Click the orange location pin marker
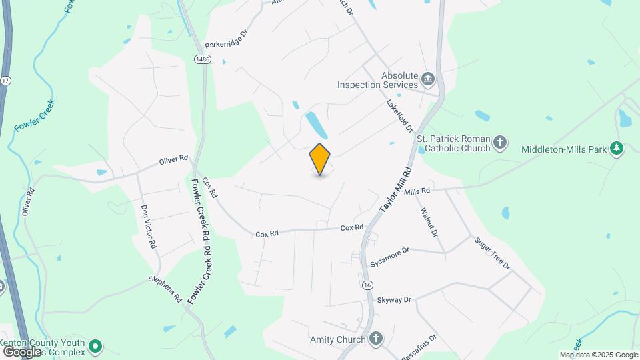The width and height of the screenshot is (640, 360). click(x=320, y=159)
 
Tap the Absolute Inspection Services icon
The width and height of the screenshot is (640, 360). click(x=429, y=80)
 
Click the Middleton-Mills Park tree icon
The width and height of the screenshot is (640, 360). click(x=617, y=149)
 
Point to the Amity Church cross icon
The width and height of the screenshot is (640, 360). click(x=376, y=339)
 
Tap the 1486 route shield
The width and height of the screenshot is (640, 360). click(x=203, y=60)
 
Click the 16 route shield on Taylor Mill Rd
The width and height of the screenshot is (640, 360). click(x=367, y=285)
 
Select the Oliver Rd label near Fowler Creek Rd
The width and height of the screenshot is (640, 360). click(x=174, y=161)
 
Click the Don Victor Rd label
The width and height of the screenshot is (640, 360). click(x=148, y=227)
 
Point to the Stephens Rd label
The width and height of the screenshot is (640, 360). click(x=166, y=289)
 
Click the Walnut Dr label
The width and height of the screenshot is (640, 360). click(x=429, y=223)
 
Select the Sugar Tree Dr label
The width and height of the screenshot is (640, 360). click(x=492, y=253)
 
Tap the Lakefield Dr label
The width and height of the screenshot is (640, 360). click(x=400, y=115)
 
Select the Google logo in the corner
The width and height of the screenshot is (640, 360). click(x=22, y=351)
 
